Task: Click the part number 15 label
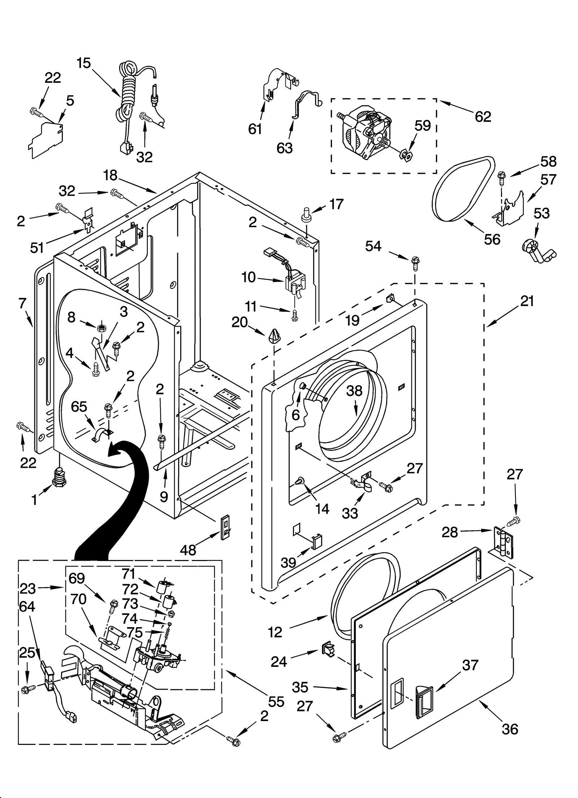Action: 83,63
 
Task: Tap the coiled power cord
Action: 126,94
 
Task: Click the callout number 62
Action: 483,117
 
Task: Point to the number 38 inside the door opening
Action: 354,391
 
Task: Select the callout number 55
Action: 276,702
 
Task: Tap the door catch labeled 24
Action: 328,650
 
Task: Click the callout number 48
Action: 188,551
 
